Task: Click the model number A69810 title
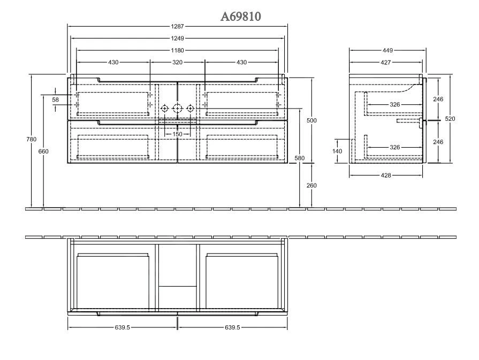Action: pos(241,17)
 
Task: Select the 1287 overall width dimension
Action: pos(178,26)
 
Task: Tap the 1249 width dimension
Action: pos(178,38)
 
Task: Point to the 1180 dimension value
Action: pos(178,50)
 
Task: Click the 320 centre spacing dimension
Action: pos(178,63)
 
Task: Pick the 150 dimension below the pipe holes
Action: pos(177,134)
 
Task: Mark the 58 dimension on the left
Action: pos(56,100)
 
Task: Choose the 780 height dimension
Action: pos(32,140)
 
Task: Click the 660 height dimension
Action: pos(44,151)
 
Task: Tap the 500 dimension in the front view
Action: pos(311,121)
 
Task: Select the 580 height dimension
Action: pos(299,158)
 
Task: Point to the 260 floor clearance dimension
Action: pos(311,186)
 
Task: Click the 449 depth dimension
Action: pos(388,50)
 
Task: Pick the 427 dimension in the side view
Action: pos(385,63)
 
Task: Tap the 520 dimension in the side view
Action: pos(450,119)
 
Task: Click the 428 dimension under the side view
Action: pos(386,175)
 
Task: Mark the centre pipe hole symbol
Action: pos(177,109)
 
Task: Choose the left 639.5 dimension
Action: pos(122,327)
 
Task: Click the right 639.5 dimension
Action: pos(232,327)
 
